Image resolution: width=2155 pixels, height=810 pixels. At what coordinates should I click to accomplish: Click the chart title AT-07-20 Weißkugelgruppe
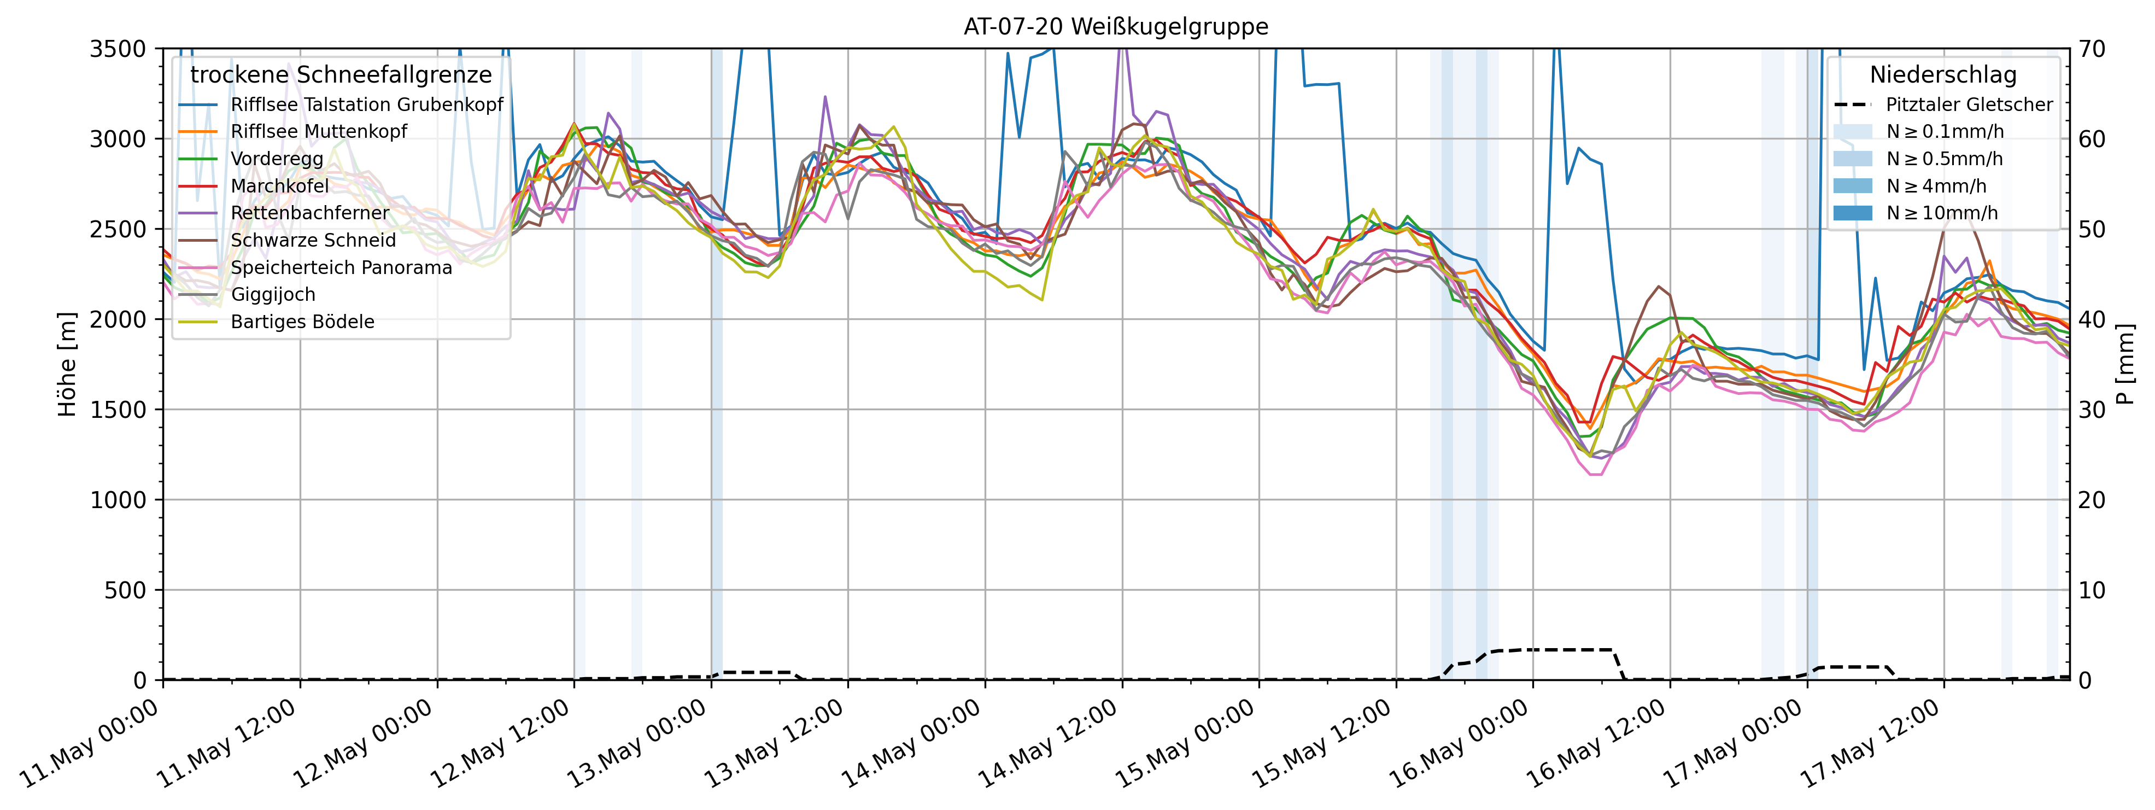point(1115,27)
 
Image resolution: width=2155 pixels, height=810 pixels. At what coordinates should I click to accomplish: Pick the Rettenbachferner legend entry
point(309,213)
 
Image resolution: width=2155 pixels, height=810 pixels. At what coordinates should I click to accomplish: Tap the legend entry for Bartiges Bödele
point(302,322)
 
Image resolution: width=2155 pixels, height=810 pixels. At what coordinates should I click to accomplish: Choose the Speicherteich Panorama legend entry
point(341,268)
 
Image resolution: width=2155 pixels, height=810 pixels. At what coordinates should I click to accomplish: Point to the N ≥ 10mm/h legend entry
point(1941,213)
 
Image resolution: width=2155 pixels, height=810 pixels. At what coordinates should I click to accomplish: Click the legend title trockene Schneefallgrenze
point(341,75)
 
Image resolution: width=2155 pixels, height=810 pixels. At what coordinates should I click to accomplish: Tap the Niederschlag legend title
point(1942,75)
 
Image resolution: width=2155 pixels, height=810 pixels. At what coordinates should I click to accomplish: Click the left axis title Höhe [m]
point(67,364)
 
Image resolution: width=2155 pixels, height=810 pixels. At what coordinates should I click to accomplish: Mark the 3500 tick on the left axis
point(117,49)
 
